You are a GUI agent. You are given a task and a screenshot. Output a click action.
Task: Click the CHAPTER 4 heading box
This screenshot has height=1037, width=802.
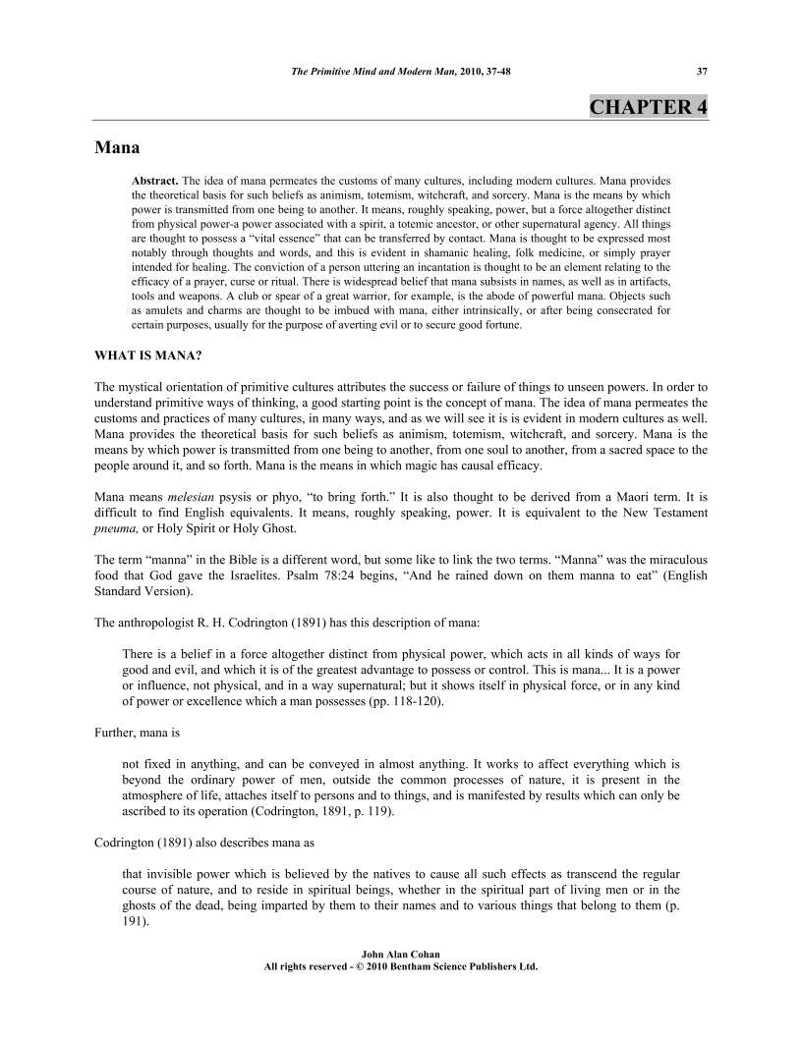pos(648,107)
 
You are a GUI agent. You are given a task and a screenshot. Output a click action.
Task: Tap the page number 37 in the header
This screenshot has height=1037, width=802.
pos(701,71)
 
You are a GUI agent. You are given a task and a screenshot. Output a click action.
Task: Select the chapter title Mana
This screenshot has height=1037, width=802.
pos(117,148)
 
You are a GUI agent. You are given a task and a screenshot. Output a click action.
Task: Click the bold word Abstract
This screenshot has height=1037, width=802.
pos(155,182)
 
